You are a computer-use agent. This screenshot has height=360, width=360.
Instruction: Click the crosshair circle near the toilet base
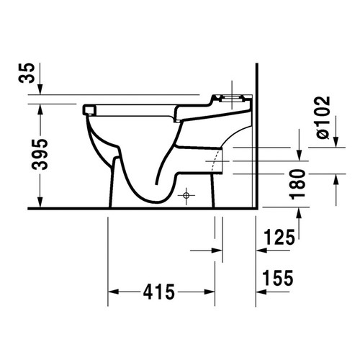point(186,194)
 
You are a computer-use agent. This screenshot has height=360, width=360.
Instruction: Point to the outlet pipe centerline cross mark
point(215,157)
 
